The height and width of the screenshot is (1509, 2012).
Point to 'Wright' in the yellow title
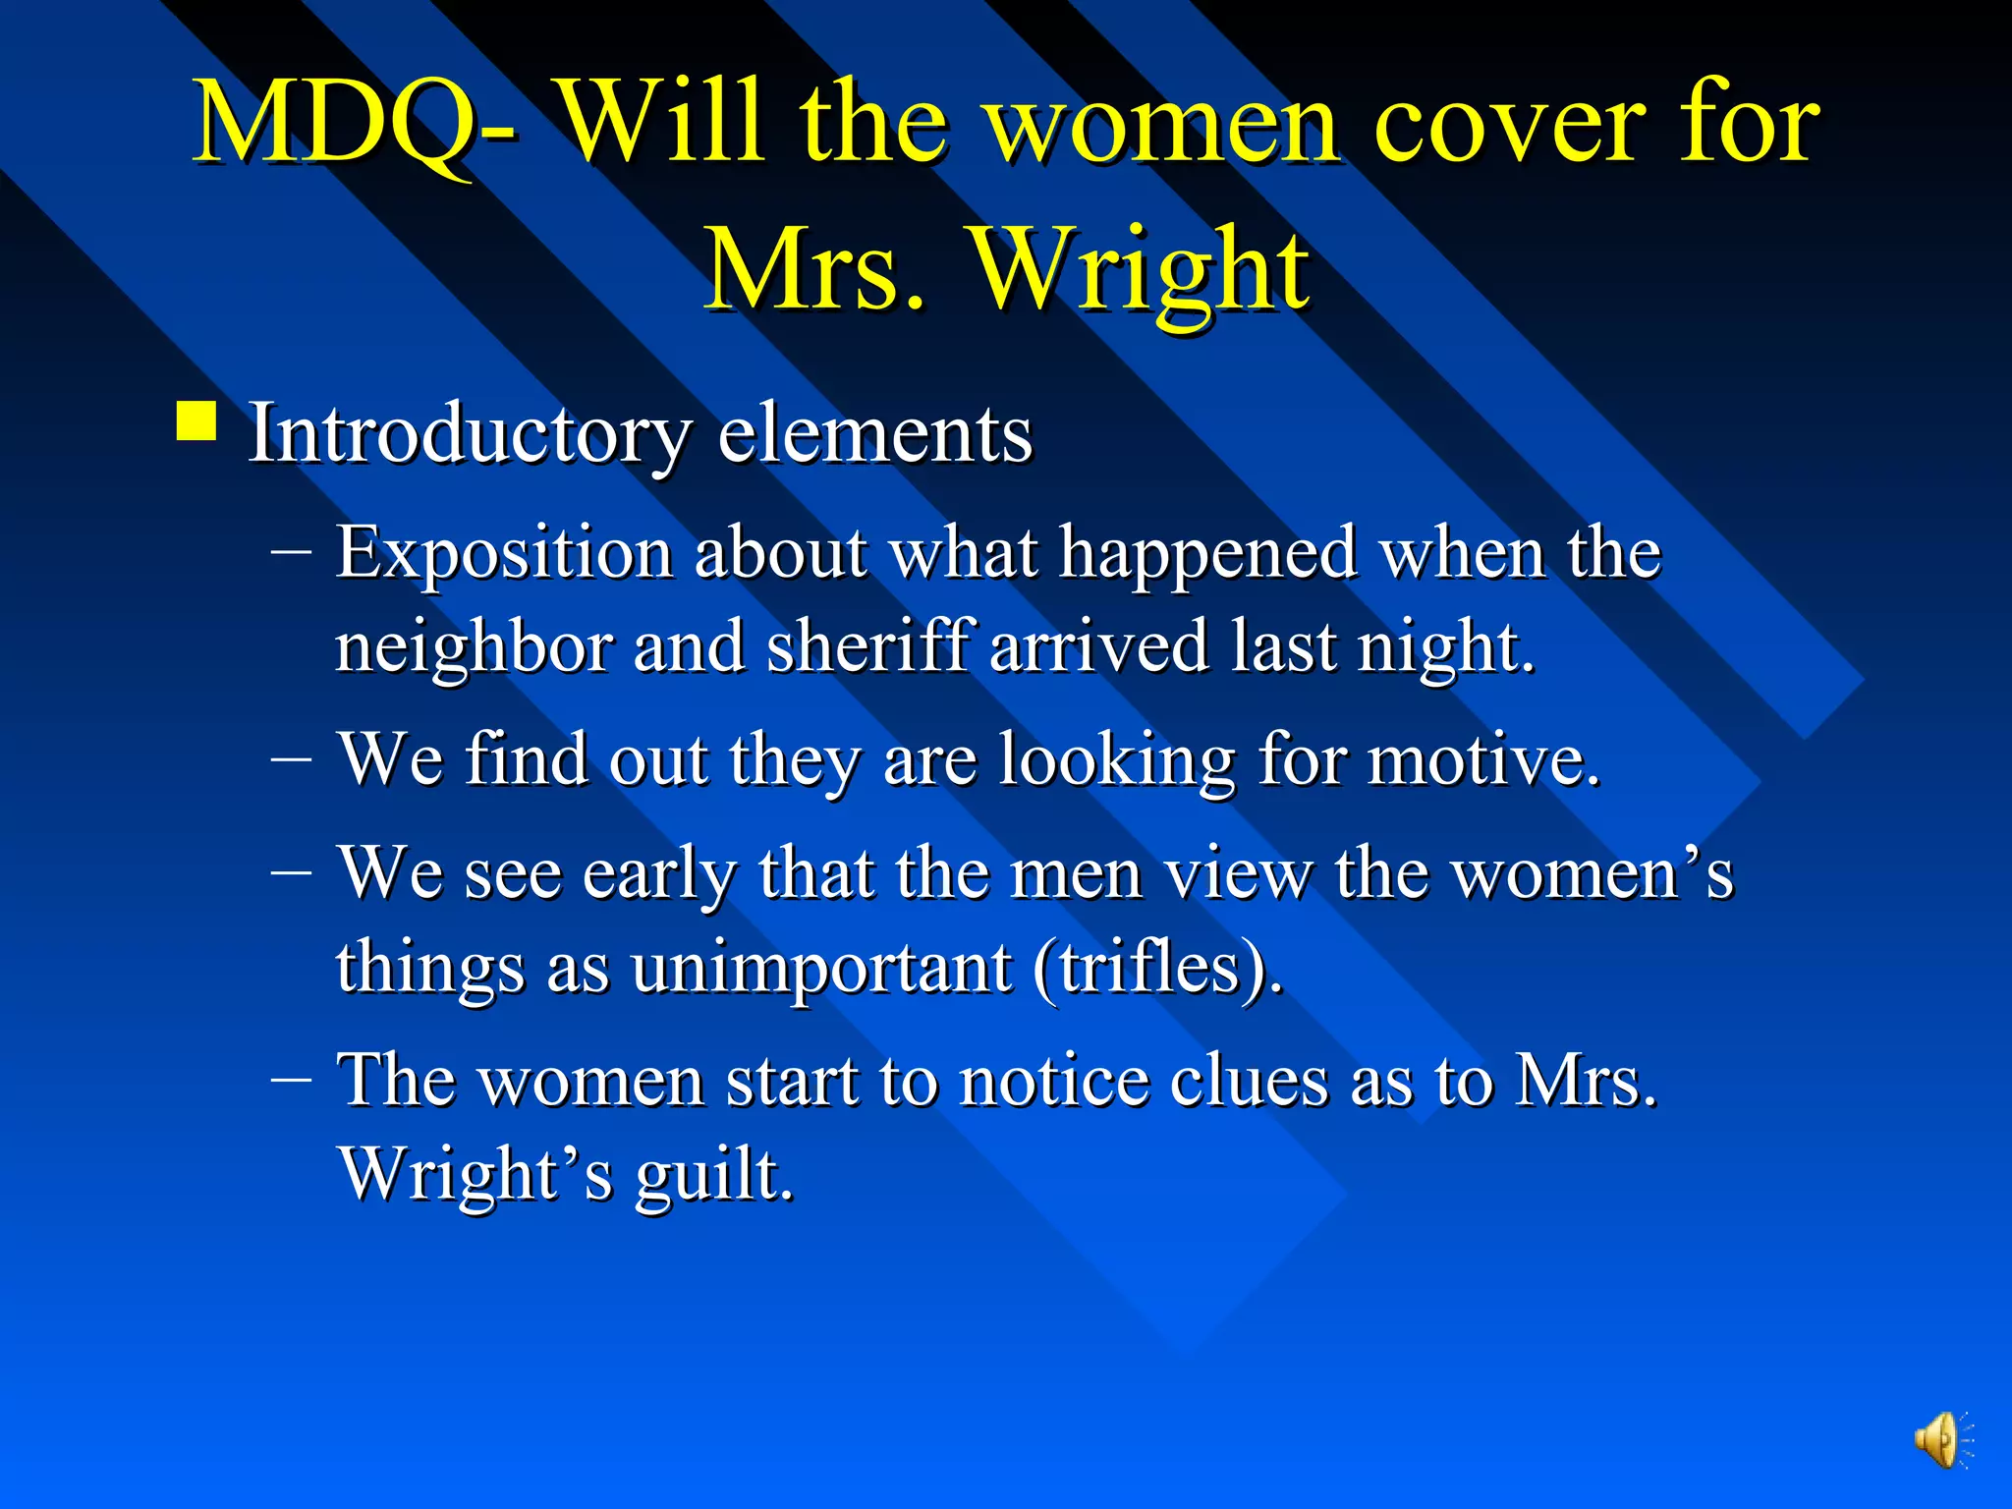pos(1140,270)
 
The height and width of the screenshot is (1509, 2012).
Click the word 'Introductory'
pos(469,434)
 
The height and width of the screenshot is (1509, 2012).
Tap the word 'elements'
pos(874,434)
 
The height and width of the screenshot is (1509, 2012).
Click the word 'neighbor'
pos(474,648)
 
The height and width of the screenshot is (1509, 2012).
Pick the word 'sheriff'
pos(870,646)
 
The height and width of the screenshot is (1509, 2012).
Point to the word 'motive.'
pos(1484,760)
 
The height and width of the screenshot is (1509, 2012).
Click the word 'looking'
pos(1116,762)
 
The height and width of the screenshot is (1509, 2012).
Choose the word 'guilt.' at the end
pos(713,1175)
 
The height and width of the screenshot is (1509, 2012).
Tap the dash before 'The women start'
pos(291,1079)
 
